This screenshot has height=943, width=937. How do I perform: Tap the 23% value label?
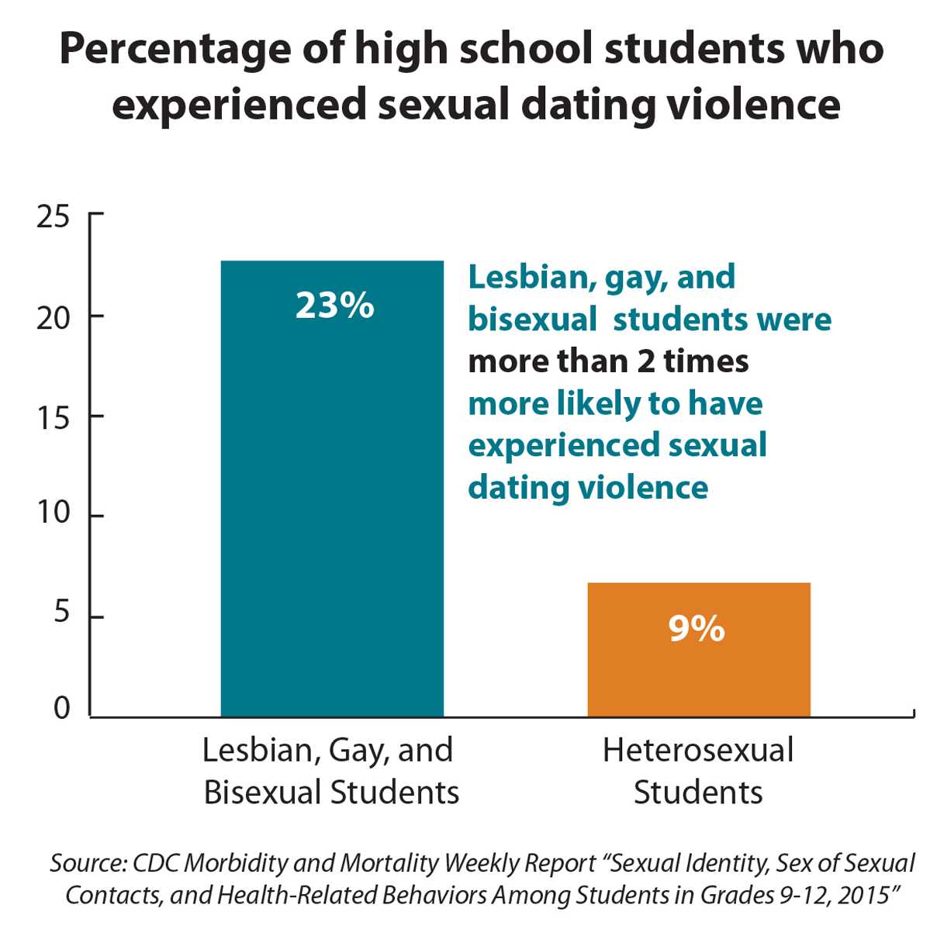click(x=334, y=306)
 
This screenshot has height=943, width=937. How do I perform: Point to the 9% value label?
click(x=697, y=629)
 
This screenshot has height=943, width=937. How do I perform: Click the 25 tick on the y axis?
click(x=53, y=217)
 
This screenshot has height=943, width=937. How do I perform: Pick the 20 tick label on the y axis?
click(x=53, y=317)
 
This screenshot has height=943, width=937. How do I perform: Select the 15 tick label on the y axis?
click(x=53, y=418)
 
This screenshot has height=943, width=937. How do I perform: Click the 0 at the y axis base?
click(x=61, y=708)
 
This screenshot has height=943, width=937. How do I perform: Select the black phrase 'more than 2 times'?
click(x=608, y=361)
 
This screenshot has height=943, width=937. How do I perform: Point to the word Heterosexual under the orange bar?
click(x=698, y=751)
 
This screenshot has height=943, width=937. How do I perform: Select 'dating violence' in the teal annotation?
click(x=588, y=487)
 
